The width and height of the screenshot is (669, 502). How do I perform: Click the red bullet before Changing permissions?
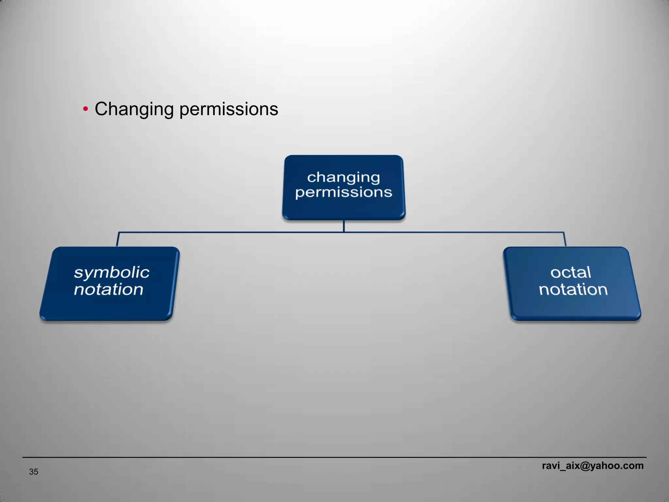(x=86, y=109)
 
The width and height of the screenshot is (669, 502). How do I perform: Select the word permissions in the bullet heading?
(x=229, y=109)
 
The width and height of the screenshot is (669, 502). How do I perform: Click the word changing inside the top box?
(x=344, y=177)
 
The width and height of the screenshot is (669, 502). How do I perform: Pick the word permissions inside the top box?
(x=344, y=192)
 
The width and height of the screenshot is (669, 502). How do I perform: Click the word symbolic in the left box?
(x=111, y=273)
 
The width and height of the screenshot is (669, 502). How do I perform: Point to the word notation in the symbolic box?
(x=108, y=290)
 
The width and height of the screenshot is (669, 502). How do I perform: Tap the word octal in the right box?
(x=570, y=272)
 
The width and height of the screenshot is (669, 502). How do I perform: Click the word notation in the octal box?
(x=573, y=290)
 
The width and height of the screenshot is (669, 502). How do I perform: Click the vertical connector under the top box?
(x=344, y=226)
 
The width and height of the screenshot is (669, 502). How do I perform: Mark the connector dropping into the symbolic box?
(x=118, y=239)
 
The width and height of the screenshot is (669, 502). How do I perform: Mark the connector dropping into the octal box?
(x=565, y=239)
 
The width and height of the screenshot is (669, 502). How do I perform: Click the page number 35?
(x=34, y=472)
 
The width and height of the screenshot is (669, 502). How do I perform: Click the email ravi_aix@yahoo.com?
(x=593, y=465)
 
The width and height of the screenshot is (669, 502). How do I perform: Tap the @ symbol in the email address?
(x=584, y=466)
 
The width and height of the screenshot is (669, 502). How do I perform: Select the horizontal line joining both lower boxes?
(x=229, y=232)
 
